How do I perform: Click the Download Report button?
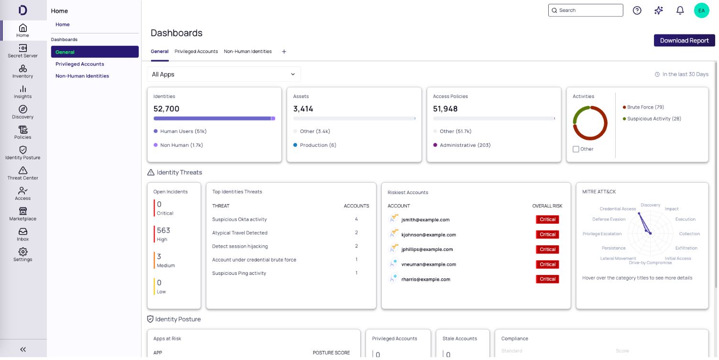point(684,41)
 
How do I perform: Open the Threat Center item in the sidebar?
point(23,173)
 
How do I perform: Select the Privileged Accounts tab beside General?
point(196,51)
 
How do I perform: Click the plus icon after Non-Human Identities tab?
point(284,52)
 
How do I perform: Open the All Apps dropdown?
point(224,75)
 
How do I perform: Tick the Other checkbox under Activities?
point(576,149)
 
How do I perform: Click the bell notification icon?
point(680,11)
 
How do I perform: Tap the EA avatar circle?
point(701,11)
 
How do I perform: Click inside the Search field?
point(586,10)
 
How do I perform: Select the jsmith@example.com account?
point(425,220)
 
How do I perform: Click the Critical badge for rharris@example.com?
point(547,279)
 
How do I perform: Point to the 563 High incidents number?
point(164,230)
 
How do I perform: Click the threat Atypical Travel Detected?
point(240,233)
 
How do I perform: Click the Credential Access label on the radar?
point(618,209)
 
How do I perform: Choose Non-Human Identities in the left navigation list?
point(82,76)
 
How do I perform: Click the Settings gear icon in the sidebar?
point(23,251)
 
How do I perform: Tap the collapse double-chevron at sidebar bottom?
point(23,349)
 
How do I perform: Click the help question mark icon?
point(637,11)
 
